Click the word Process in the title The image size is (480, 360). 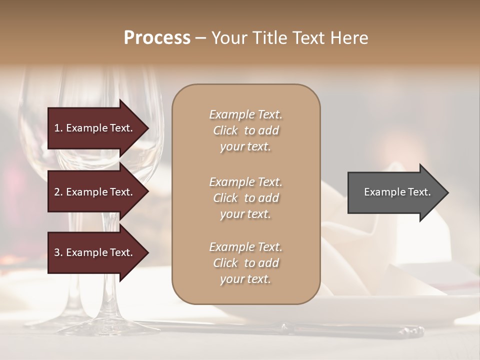(157, 38)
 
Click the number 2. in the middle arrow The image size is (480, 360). (58, 192)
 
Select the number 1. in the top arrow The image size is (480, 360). (58, 128)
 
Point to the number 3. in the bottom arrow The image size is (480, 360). (58, 253)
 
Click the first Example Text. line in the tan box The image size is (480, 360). (245, 114)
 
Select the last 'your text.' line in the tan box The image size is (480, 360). (245, 279)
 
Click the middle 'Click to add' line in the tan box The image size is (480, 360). (245, 198)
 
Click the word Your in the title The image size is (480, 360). (229, 38)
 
